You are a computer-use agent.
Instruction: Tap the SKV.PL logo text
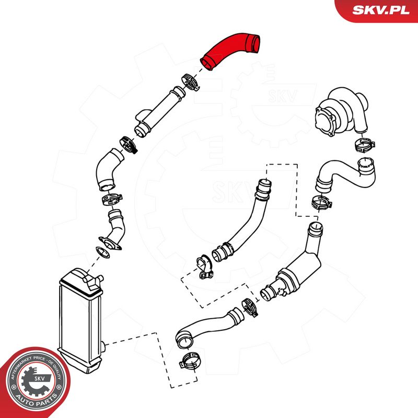click(x=381, y=10)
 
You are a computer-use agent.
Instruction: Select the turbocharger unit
click(x=342, y=111)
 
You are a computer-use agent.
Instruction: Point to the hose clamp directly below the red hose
click(x=190, y=82)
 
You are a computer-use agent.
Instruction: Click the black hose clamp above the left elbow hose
click(x=128, y=145)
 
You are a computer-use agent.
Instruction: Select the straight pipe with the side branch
click(x=159, y=111)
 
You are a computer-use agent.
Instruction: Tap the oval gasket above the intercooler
click(x=102, y=252)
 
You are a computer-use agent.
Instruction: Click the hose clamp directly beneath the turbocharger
click(x=365, y=145)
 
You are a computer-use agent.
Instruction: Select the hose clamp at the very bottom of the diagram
click(x=190, y=361)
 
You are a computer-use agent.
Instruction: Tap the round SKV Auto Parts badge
click(x=36, y=382)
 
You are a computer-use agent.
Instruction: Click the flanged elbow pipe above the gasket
click(x=113, y=229)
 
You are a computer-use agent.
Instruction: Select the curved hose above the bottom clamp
click(x=208, y=327)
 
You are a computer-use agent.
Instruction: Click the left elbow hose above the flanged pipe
click(x=108, y=169)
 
